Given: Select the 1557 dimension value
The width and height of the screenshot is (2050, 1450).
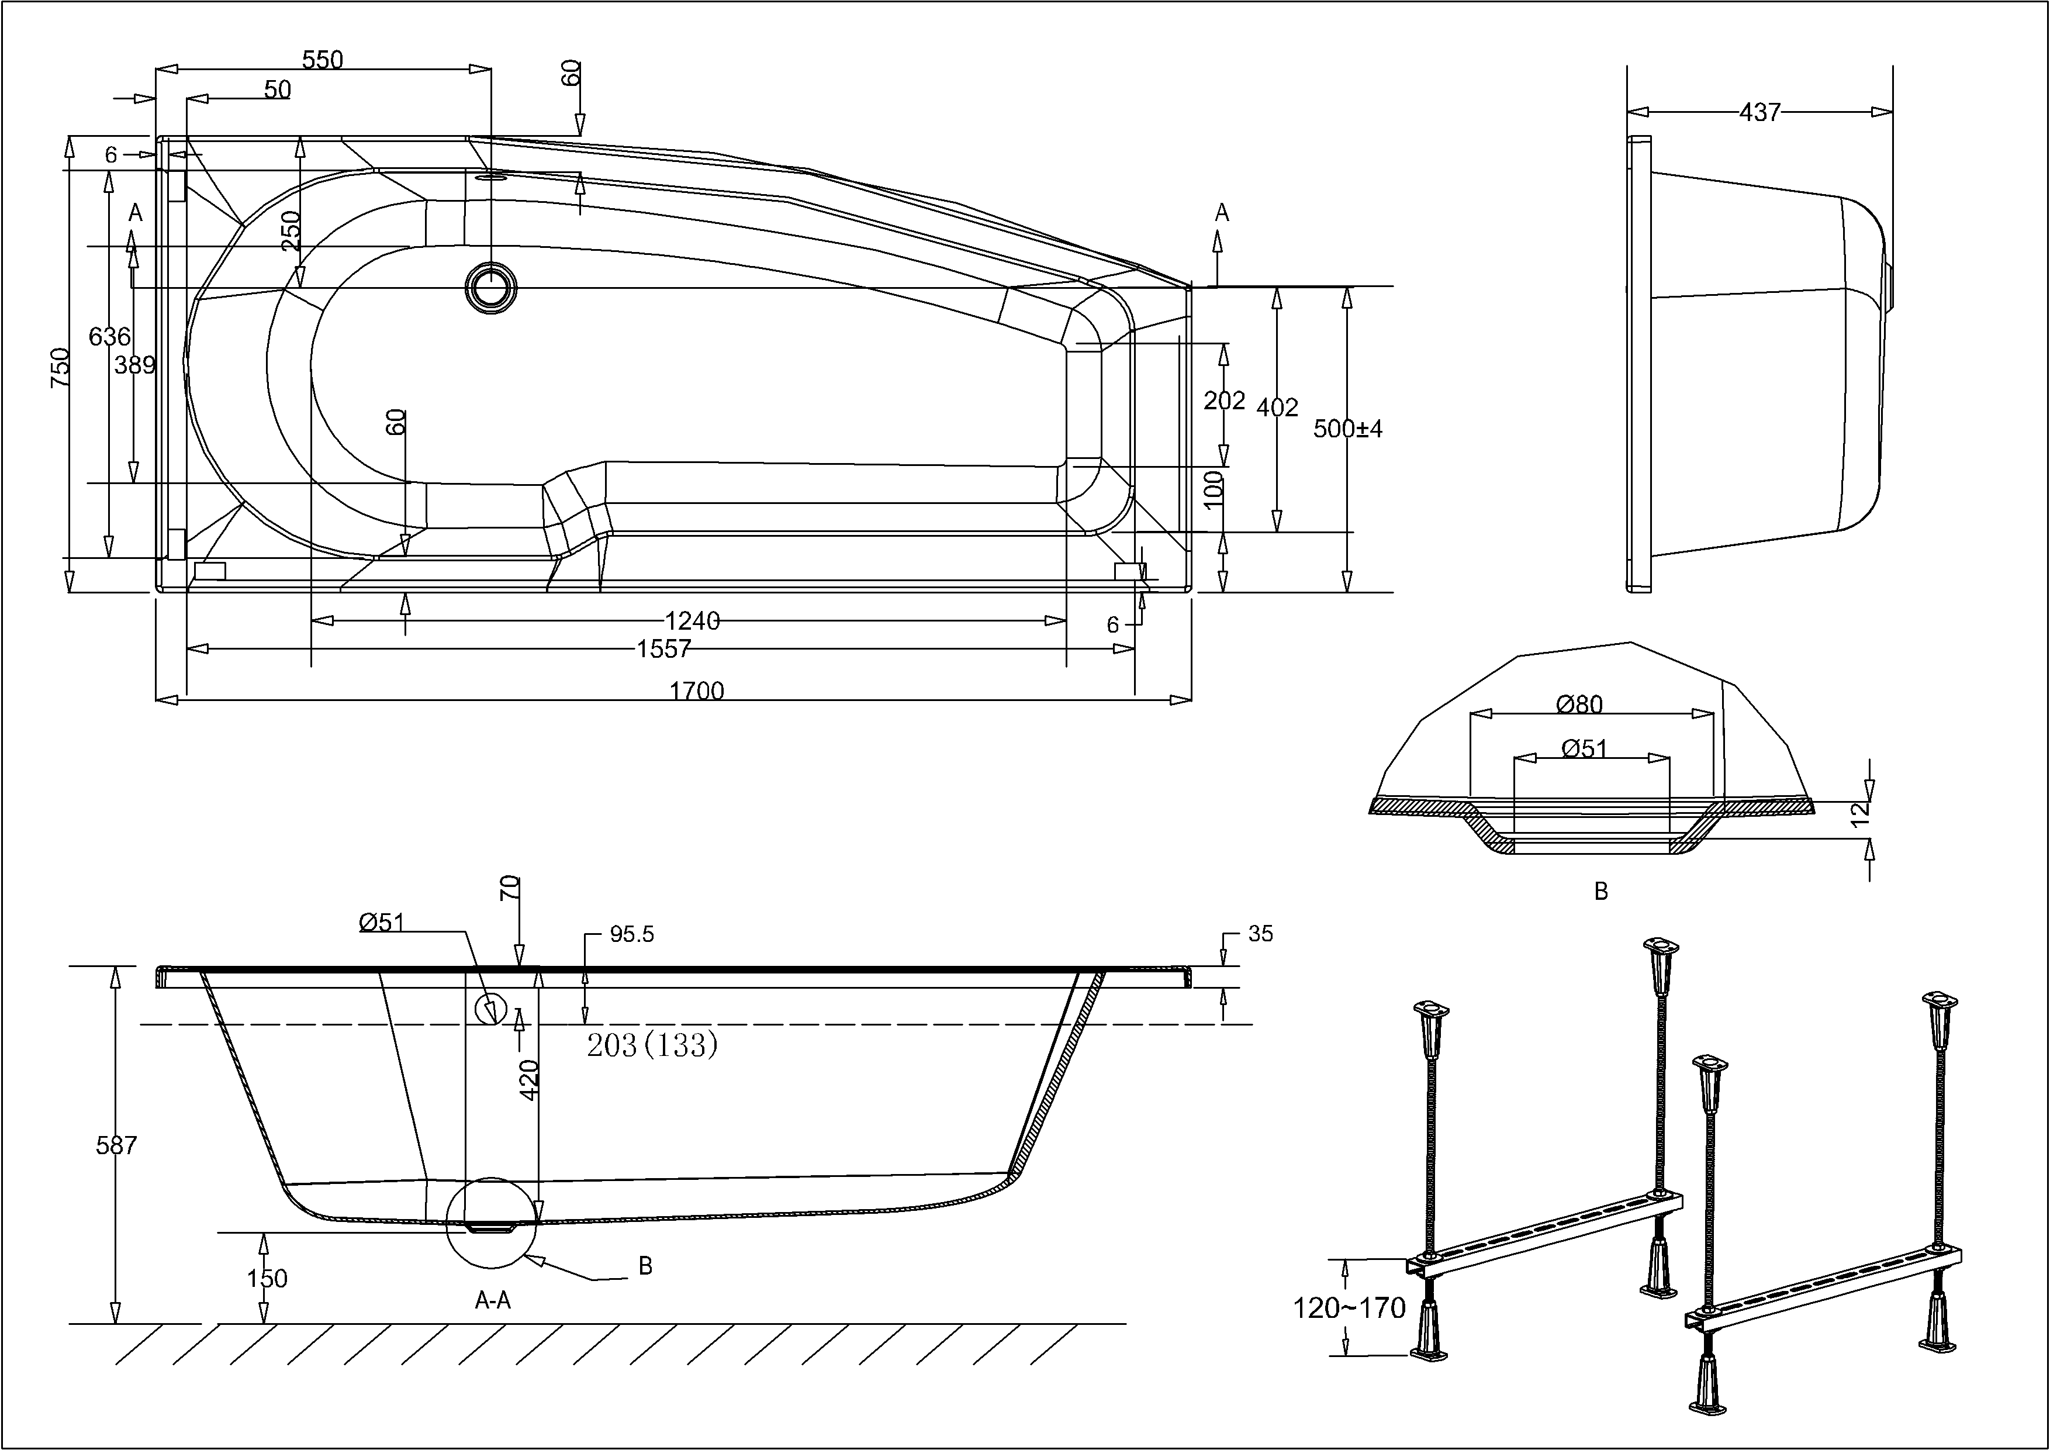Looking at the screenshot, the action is tap(663, 649).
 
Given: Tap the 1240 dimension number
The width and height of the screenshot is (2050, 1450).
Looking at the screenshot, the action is tap(692, 620).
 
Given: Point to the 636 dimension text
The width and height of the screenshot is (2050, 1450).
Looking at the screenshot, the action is tap(110, 337).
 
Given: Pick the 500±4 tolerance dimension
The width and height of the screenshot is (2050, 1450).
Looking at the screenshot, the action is tap(1347, 429).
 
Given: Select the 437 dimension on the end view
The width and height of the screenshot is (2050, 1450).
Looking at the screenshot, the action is tap(1760, 112).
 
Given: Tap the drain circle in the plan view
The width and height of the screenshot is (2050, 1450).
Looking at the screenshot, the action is tap(490, 286).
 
